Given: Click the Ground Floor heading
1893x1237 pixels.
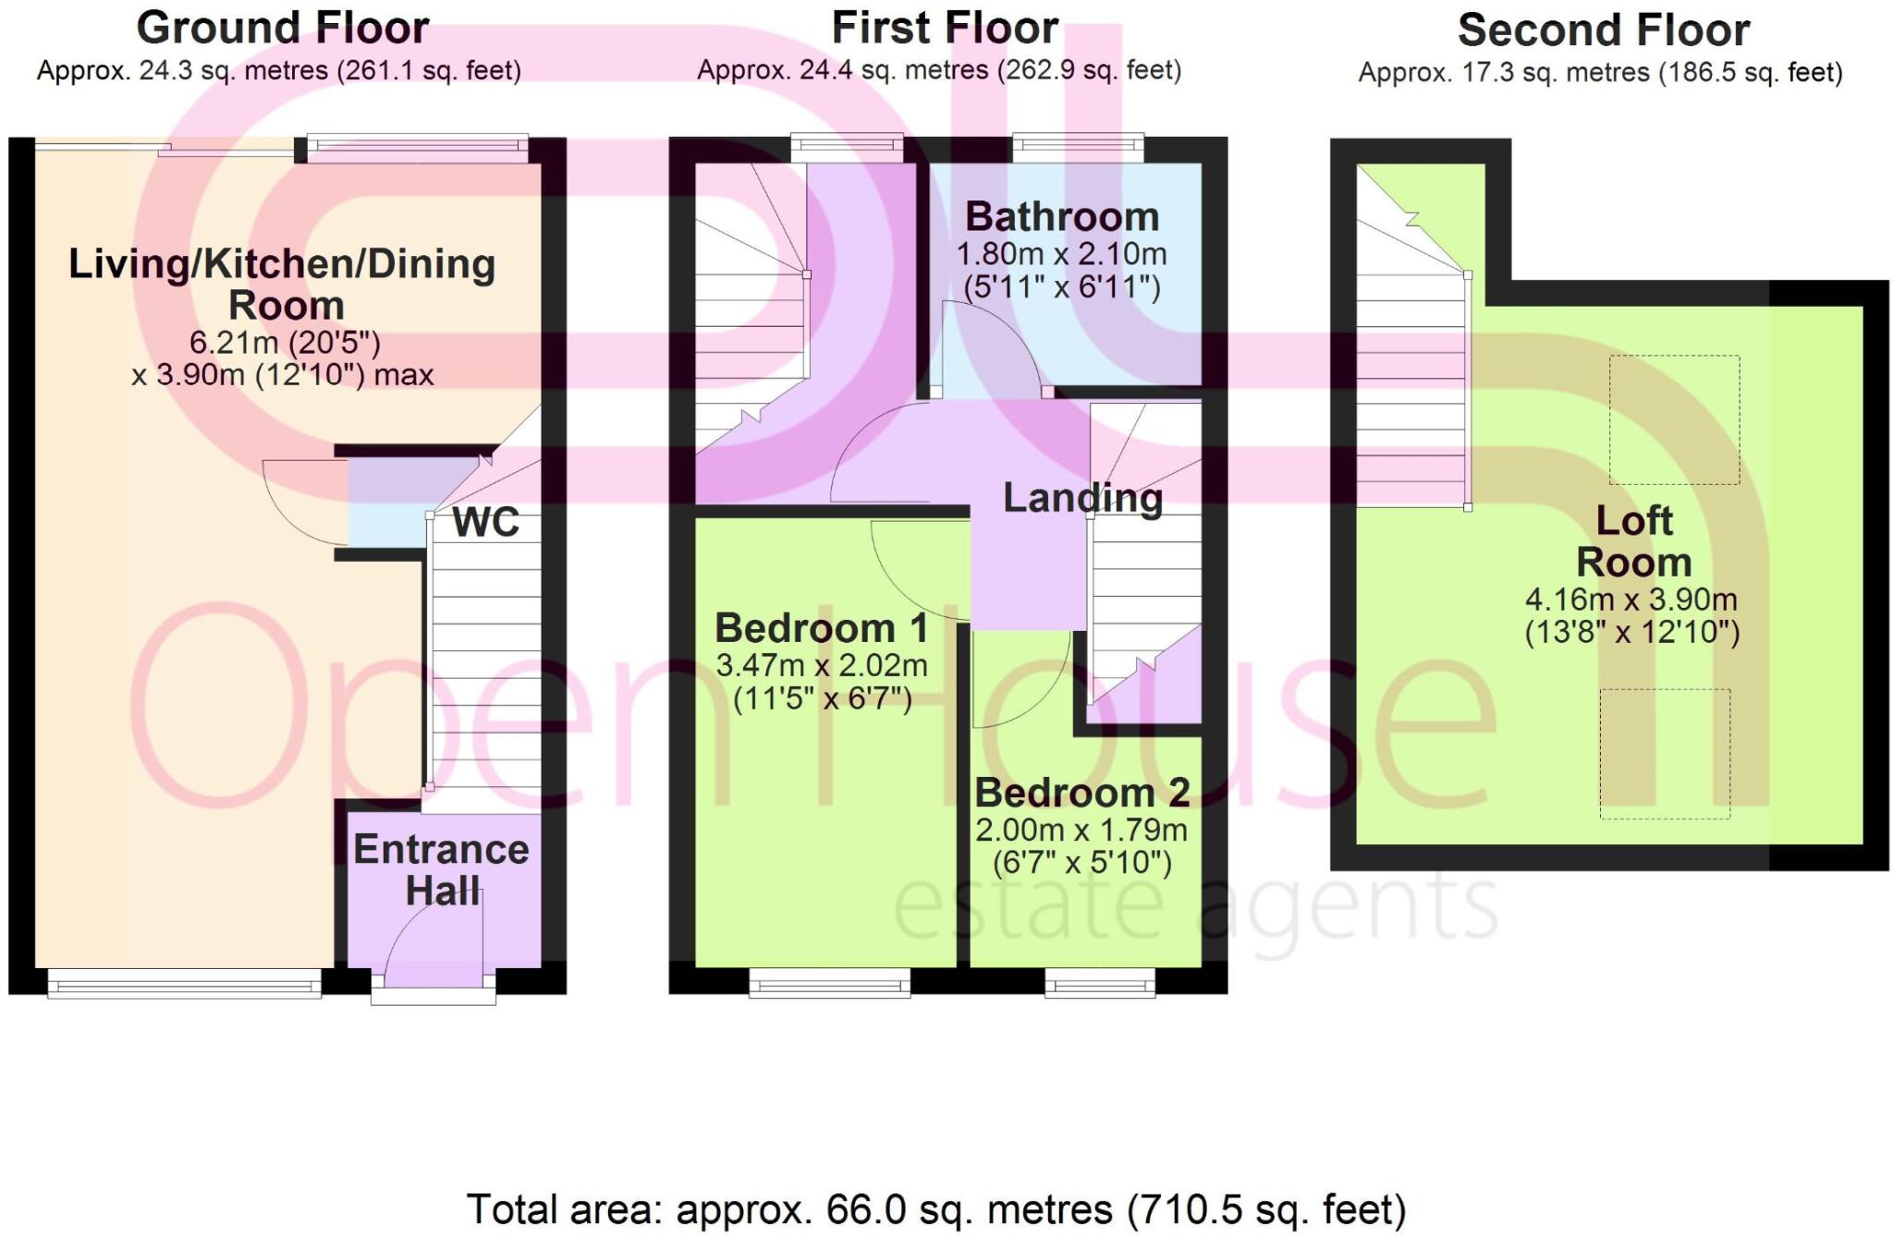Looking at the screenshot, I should click(283, 28).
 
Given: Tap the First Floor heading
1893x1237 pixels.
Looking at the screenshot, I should click(945, 28).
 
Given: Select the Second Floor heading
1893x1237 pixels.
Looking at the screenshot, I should click(1603, 30).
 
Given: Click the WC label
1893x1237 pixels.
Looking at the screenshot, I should click(485, 523).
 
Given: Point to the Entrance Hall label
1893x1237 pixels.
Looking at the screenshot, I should click(441, 869).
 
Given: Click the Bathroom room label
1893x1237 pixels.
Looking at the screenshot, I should click(1061, 217).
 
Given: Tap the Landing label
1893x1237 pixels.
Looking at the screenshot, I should click(1082, 498).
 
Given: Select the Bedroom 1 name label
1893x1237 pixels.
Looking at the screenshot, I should click(821, 628).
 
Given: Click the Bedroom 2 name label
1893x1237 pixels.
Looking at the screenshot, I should click(1081, 793).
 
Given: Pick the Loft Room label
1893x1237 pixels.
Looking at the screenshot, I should click(1633, 541).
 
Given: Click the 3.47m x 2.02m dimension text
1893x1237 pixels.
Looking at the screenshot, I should click(821, 665).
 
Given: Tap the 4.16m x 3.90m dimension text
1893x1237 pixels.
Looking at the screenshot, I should click(1630, 600).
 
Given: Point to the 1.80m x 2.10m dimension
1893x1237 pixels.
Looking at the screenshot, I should click(1061, 253).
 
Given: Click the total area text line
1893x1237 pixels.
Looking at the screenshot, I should click(935, 1209).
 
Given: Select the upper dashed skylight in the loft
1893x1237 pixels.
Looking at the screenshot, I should click(1674, 419).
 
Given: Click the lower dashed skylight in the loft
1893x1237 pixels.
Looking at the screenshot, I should click(1664, 753).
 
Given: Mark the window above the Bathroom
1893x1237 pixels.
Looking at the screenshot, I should click(1078, 148).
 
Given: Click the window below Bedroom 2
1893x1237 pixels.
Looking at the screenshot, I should click(1100, 983).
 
